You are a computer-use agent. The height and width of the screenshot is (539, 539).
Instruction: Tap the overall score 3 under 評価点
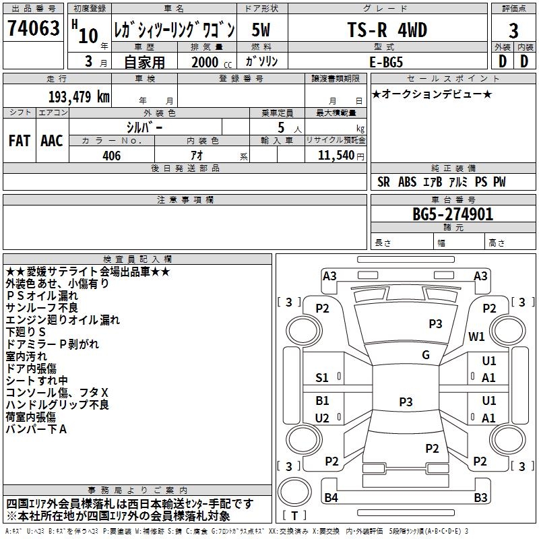[x=513, y=31]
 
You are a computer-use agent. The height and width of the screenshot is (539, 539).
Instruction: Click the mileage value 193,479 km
[x=79, y=96]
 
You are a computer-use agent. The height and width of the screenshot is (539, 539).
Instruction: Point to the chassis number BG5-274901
[x=453, y=214]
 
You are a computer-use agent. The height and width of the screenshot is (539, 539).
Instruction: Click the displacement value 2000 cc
[x=207, y=61]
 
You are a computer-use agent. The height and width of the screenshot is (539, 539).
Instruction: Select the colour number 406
[x=111, y=156]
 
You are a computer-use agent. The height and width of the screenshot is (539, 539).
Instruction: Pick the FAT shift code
[x=19, y=140]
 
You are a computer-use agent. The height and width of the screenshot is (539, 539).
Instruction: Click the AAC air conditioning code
[x=52, y=140]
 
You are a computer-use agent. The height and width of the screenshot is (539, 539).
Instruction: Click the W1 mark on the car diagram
[x=477, y=336]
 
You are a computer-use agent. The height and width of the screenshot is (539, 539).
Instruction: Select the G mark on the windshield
[x=425, y=355]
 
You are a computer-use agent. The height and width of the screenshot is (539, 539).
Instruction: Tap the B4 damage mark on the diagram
[x=330, y=498]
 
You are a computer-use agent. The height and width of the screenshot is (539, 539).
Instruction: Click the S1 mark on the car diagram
[x=322, y=378]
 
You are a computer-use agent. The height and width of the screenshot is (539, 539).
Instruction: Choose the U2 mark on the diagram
[x=322, y=418]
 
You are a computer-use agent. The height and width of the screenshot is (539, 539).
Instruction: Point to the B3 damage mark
[x=480, y=498]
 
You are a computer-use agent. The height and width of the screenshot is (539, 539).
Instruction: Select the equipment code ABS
[x=408, y=182]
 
